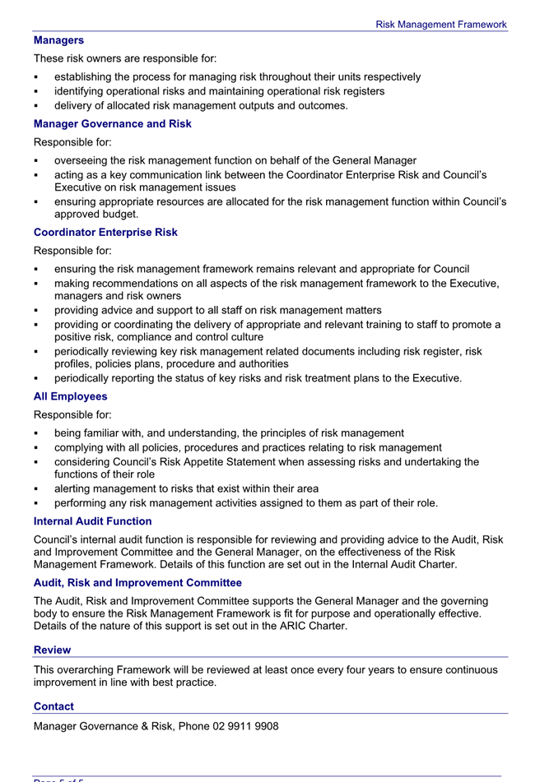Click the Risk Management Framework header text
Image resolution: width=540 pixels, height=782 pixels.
click(x=441, y=25)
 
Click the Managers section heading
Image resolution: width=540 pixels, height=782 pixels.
click(x=58, y=39)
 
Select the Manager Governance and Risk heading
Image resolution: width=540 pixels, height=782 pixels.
click(x=113, y=123)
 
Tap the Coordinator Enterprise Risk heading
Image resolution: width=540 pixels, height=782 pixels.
click(x=105, y=232)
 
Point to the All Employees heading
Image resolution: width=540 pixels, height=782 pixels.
click(x=70, y=396)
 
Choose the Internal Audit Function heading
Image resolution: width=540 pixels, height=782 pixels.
click(x=93, y=521)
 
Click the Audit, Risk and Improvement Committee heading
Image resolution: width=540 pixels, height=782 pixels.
click(x=137, y=582)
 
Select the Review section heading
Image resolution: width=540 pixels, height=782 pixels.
click(x=52, y=650)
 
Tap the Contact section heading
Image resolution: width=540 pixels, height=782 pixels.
click(x=54, y=706)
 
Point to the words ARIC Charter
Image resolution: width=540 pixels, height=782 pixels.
click(x=318, y=627)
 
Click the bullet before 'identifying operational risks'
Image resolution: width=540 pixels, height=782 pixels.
click(x=37, y=91)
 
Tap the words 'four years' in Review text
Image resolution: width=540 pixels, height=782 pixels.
click(x=370, y=669)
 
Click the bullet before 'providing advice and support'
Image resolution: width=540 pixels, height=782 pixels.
click(x=37, y=311)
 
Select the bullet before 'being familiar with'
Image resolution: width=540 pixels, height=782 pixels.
click(x=37, y=433)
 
